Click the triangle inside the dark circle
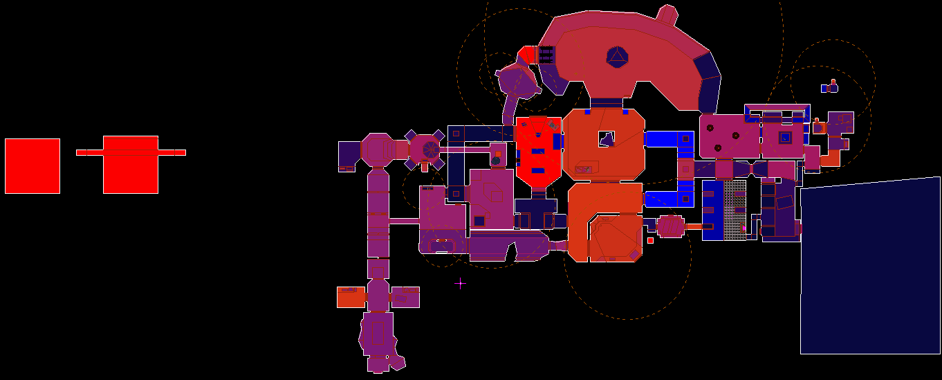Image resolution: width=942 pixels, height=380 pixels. coord(616,57)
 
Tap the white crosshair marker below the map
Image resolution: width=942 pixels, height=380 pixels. coord(460,283)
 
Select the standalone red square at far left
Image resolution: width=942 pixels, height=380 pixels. coord(33,166)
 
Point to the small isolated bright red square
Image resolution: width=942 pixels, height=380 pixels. coord(650,240)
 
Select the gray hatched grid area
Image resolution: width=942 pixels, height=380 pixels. coord(735,210)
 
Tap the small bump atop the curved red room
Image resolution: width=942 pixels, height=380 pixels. coord(666,13)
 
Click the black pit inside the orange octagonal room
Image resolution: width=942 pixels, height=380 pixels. coord(607,139)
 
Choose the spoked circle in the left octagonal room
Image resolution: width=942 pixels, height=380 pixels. coord(430,149)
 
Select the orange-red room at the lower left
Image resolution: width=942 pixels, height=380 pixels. coord(351,297)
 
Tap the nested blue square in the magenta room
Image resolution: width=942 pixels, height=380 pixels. coord(785,137)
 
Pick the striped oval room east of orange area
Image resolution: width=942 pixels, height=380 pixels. coord(670,226)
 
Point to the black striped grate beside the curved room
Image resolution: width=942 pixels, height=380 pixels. coord(546,55)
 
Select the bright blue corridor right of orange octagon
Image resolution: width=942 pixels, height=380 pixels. coord(669,138)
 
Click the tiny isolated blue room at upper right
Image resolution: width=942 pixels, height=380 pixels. coord(829,87)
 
